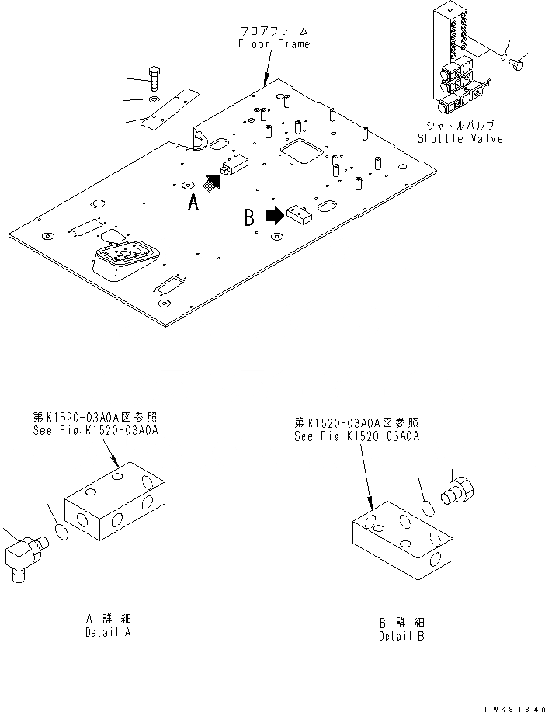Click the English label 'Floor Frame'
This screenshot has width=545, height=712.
(273, 44)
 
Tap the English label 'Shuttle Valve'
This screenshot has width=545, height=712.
(460, 138)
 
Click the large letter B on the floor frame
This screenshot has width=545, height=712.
(249, 218)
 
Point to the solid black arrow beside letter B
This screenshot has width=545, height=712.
(274, 215)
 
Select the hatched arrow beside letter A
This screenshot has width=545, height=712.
(211, 182)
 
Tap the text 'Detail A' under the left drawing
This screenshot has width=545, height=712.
(108, 633)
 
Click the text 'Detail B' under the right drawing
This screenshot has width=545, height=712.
(401, 636)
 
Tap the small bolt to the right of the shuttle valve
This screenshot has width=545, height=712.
(516, 65)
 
